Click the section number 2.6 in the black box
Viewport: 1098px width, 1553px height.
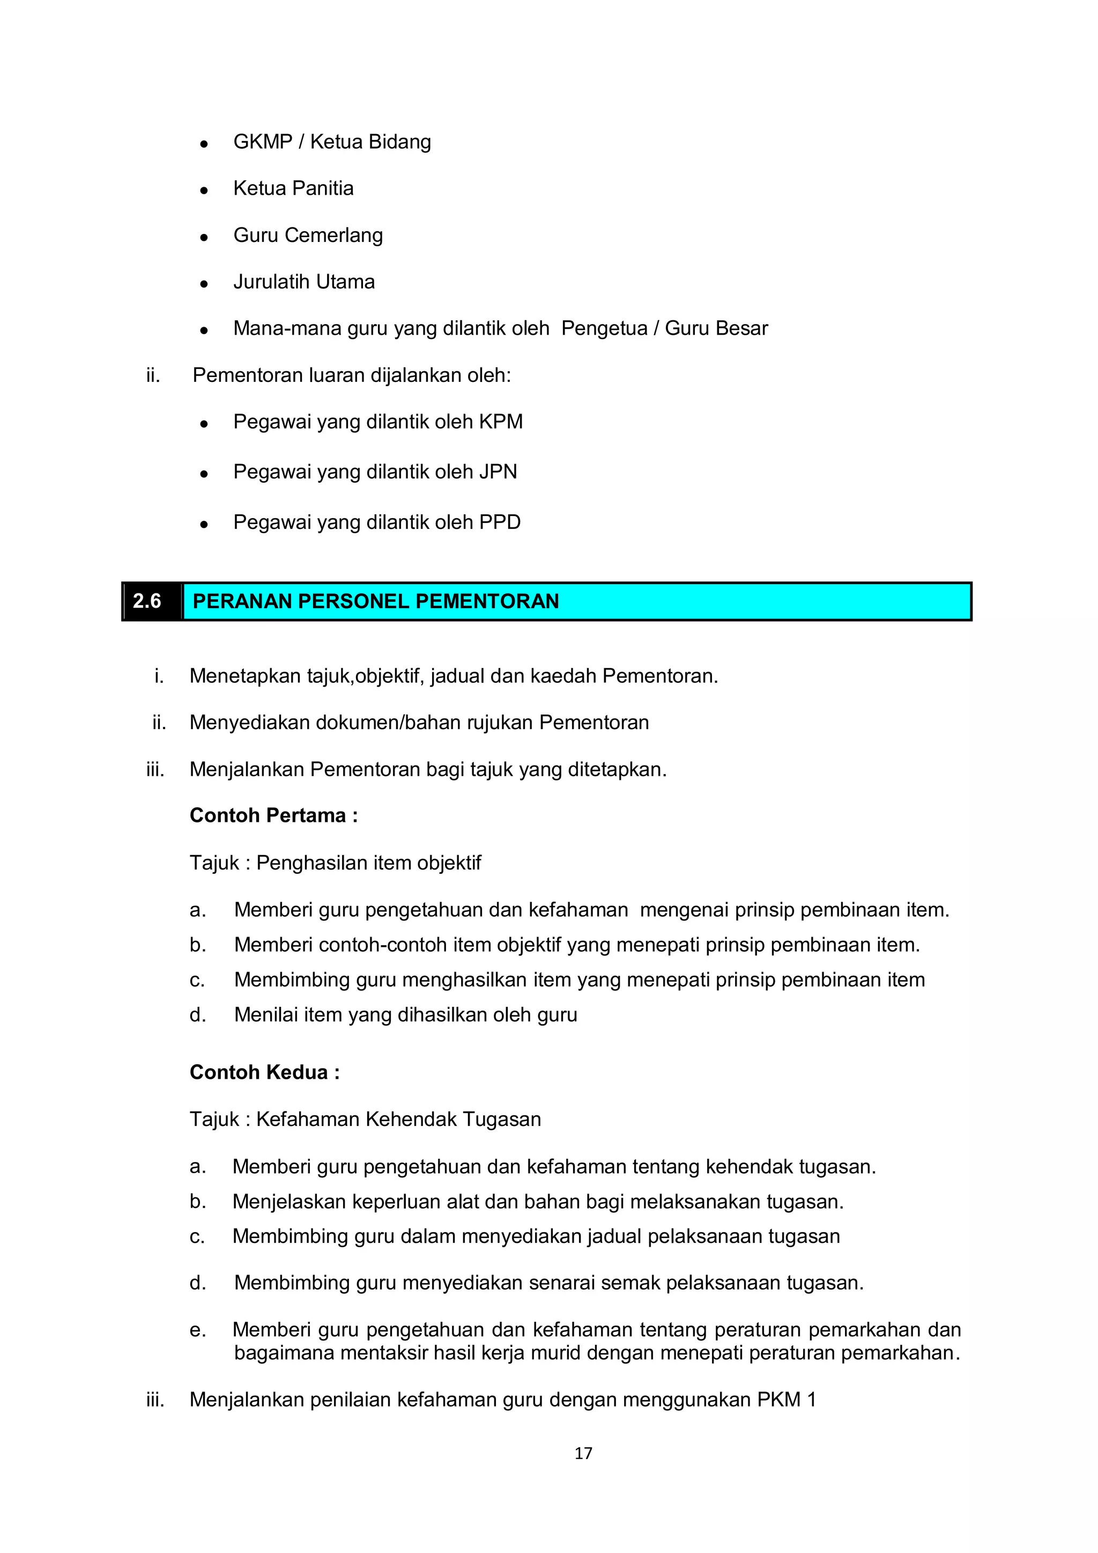point(147,601)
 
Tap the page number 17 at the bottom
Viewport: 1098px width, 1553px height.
point(583,1453)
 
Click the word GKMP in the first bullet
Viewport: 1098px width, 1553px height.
point(262,142)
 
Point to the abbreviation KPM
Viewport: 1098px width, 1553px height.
point(500,422)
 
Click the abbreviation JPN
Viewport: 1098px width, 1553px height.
point(498,472)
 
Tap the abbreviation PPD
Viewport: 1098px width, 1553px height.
point(500,522)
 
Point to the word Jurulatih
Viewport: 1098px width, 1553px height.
point(270,282)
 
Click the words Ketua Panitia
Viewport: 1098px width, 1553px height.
point(293,189)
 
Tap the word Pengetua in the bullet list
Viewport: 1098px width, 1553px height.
point(604,329)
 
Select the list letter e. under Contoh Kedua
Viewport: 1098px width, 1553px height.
point(197,1330)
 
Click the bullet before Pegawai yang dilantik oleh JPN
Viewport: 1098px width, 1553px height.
point(204,474)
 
